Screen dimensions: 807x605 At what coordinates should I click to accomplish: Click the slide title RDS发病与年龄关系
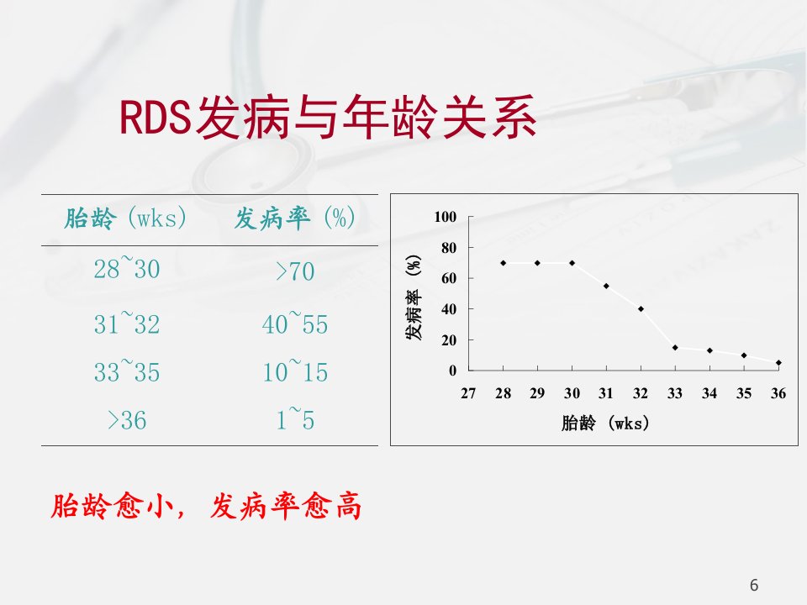pyautogui.click(x=328, y=118)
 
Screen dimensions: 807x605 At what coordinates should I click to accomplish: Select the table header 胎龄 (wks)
pyautogui.click(x=125, y=218)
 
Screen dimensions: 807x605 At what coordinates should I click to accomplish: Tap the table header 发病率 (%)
pyautogui.click(x=294, y=218)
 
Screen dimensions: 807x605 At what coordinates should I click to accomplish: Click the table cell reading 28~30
pyautogui.click(x=127, y=267)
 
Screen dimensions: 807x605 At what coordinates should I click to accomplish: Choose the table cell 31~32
pyautogui.click(x=127, y=323)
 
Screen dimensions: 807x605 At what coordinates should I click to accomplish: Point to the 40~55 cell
pyautogui.click(x=295, y=323)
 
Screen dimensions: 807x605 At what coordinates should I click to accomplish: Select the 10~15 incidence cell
pyautogui.click(x=295, y=371)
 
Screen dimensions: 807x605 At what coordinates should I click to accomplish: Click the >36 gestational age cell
pyautogui.click(x=127, y=420)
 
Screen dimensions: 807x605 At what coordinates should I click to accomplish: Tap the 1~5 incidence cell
pyautogui.click(x=295, y=418)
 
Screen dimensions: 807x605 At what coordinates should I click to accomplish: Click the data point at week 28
pyautogui.click(x=504, y=263)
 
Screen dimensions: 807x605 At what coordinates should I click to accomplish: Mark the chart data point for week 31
pyautogui.click(x=606, y=286)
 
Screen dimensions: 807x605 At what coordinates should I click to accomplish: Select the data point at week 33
pyautogui.click(x=675, y=348)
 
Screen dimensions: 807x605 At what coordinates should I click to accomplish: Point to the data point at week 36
pyautogui.click(x=778, y=363)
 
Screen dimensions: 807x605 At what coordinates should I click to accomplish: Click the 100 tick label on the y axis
pyautogui.click(x=446, y=217)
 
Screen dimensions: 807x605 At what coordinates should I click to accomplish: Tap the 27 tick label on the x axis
pyautogui.click(x=468, y=393)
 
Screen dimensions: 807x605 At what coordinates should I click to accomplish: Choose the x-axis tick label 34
pyautogui.click(x=709, y=393)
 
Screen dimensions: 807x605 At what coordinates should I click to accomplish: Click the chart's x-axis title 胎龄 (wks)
pyautogui.click(x=605, y=423)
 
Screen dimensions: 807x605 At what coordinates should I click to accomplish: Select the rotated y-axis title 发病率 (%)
pyautogui.click(x=414, y=297)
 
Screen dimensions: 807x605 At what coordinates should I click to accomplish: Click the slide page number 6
pyautogui.click(x=754, y=585)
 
